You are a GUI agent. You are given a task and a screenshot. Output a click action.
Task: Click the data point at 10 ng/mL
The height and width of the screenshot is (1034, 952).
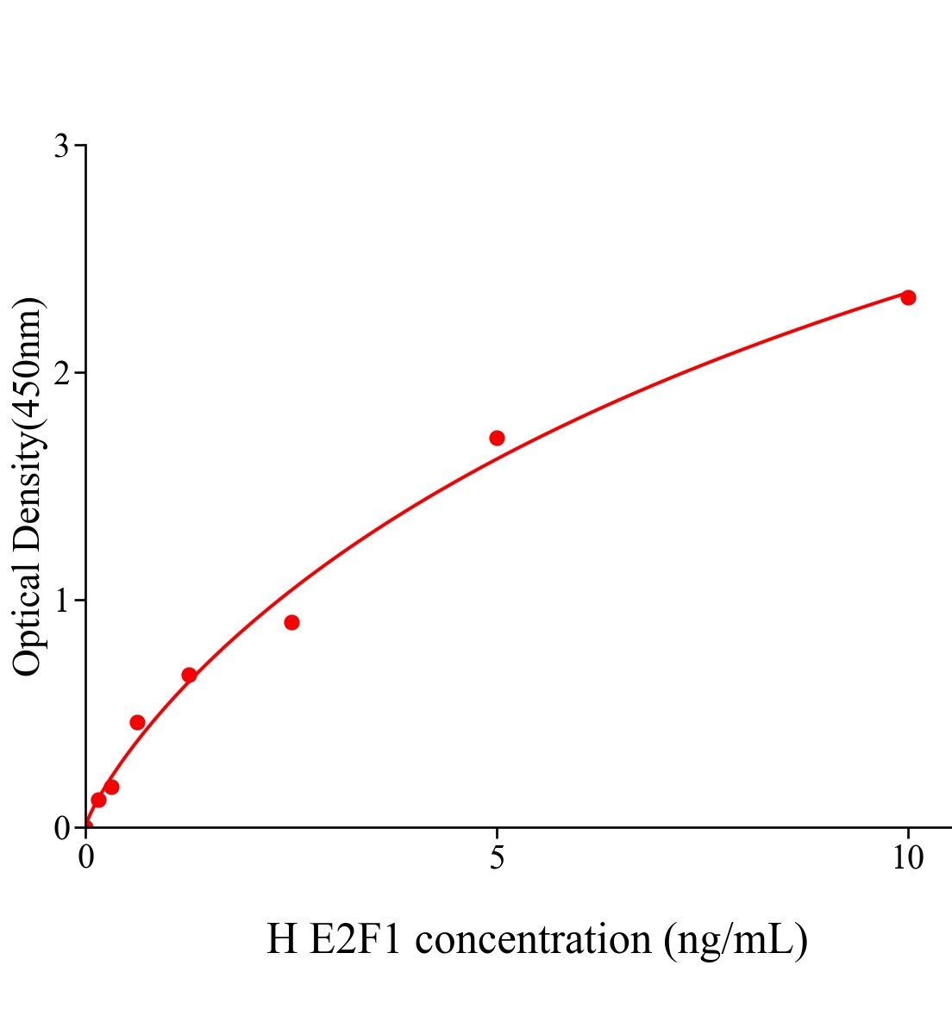point(908,297)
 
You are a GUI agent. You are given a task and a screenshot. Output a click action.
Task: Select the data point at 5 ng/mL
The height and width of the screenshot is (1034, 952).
point(497,438)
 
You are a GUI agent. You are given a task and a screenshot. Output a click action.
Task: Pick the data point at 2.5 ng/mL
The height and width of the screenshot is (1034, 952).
point(291,622)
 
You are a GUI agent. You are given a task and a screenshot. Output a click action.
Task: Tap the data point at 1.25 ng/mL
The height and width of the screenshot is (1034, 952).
point(189,675)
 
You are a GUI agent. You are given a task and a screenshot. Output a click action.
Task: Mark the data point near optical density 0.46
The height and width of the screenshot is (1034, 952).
point(137,722)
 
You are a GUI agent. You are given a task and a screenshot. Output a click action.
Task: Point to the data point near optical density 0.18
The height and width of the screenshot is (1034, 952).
point(111,787)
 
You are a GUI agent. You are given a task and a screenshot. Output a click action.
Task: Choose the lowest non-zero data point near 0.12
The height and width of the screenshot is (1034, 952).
point(98,800)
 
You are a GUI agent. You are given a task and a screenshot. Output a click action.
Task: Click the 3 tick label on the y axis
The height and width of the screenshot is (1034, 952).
point(61,146)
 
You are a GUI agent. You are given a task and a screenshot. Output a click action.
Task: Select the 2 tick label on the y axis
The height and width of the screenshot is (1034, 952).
point(61,373)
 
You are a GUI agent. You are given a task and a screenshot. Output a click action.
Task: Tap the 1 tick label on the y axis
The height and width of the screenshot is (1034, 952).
point(61,601)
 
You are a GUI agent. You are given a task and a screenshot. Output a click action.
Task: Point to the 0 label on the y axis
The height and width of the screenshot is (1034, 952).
point(61,828)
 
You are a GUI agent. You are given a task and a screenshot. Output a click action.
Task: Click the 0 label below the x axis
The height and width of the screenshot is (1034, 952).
point(86,858)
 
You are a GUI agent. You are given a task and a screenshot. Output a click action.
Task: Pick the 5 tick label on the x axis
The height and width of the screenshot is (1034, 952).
point(497,858)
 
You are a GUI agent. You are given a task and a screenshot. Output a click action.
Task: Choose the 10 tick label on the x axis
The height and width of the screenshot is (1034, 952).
point(907,858)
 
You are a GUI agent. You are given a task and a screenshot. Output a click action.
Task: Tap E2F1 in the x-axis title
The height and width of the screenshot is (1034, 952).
point(354,939)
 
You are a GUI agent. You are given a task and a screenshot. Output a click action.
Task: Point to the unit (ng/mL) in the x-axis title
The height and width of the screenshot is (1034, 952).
point(736,939)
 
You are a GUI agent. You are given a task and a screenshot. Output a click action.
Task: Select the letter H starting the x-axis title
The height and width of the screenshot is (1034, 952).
point(282,939)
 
